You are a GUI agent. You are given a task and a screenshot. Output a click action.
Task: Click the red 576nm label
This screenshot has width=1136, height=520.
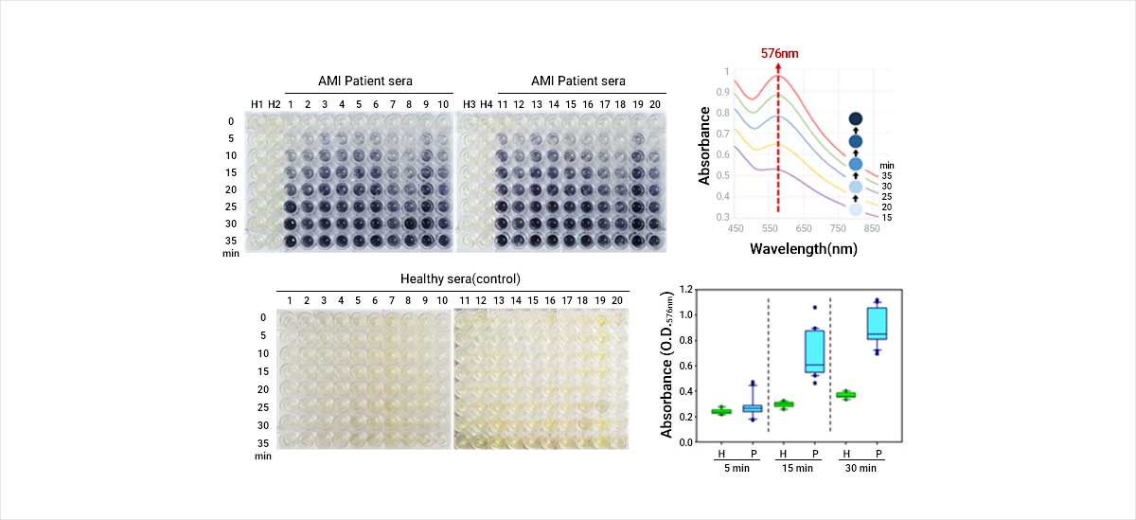[779, 53]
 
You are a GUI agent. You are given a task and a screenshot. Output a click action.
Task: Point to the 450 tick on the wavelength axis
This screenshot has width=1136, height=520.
[735, 228]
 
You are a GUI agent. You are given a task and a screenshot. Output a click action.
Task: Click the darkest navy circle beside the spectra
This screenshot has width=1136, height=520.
[856, 118]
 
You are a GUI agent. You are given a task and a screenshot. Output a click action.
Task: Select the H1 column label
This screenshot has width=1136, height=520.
[257, 104]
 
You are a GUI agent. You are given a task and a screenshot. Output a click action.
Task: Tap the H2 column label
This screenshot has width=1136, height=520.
[274, 104]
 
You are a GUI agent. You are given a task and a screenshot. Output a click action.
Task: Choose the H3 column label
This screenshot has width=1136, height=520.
[470, 104]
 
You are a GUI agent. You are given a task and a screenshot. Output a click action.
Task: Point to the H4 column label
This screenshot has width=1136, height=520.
[487, 104]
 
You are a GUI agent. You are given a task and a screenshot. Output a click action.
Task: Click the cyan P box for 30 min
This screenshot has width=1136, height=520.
[878, 323]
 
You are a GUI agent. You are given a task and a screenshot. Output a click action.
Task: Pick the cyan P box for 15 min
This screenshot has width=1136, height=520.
[814, 351]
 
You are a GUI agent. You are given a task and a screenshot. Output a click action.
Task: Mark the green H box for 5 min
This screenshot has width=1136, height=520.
[721, 411]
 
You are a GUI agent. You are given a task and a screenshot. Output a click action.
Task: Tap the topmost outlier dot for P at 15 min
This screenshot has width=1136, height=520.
[814, 308]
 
